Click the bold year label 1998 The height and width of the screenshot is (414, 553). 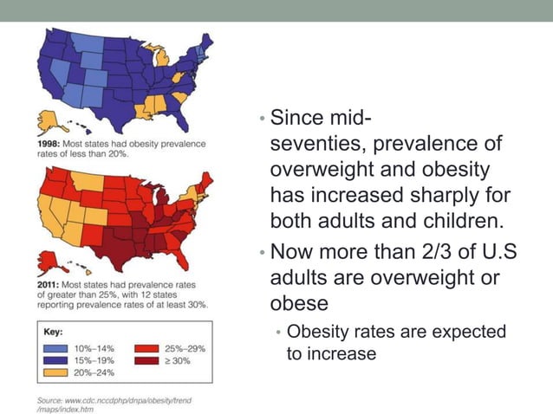48,144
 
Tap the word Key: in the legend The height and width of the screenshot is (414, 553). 54,331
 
